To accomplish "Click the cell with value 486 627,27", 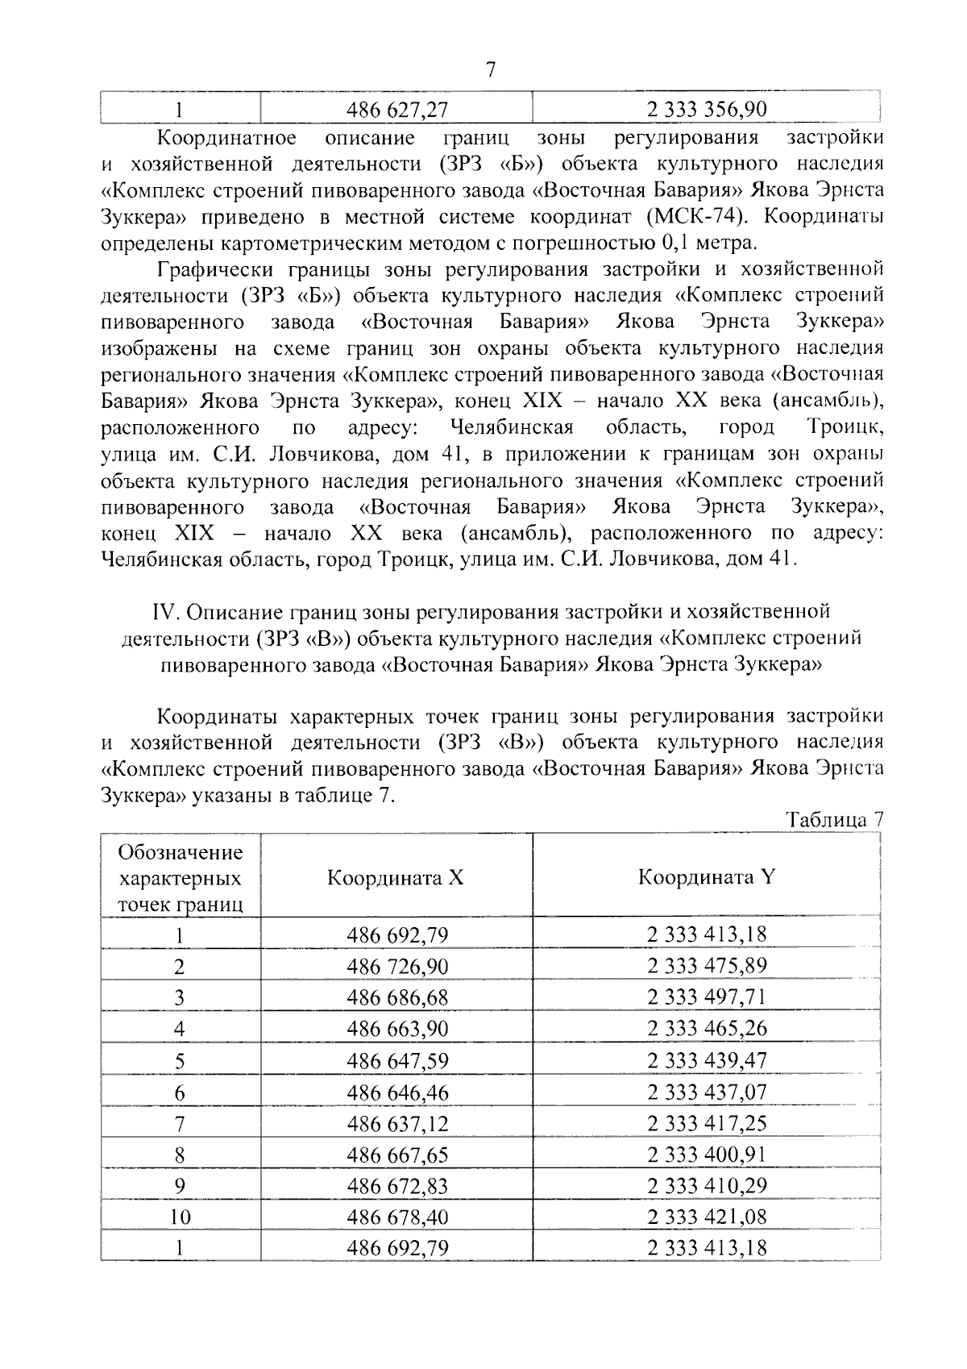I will (x=397, y=109).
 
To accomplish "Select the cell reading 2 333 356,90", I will (x=707, y=109).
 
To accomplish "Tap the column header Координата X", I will (x=396, y=877).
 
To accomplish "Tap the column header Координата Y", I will (x=707, y=877).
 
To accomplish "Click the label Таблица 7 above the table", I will (x=835, y=820).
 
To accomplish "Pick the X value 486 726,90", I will (x=397, y=966).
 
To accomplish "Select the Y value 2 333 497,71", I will (x=707, y=997).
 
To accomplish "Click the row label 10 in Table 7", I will (x=180, y=1217).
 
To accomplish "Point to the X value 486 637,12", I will (x=397, y=1123).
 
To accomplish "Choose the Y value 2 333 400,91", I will (x=707, y=1155).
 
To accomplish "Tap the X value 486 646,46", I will (x=397, y=1092).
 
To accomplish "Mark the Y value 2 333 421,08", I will (x=707, y=1217).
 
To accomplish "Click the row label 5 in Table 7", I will (x=180, y=1061).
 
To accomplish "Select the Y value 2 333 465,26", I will (x=707, y=1029).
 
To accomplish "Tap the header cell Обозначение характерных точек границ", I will (x=181, y=877).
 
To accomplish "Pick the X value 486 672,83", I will (x=397, y=1186).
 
